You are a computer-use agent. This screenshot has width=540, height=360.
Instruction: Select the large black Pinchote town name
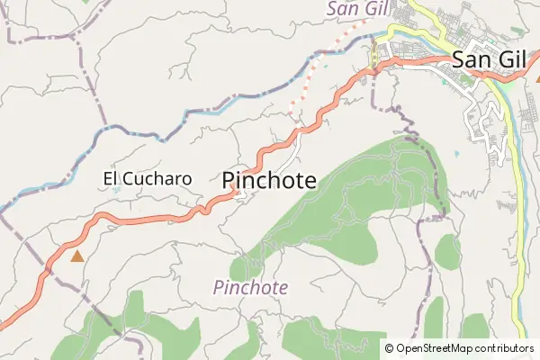(268, 180)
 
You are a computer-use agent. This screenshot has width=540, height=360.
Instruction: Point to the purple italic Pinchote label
(251, 288)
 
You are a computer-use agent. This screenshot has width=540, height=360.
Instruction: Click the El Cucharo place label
(148, 178)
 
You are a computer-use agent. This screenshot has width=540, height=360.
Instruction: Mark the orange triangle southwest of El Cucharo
(76, 256)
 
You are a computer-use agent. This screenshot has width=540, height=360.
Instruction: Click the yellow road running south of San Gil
(519, 225)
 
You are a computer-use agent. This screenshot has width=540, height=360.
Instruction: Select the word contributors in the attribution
(503, 348)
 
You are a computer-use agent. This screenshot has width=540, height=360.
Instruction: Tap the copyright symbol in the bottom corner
(389, 348)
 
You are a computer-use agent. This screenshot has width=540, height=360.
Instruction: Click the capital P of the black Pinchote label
(229, 180)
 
